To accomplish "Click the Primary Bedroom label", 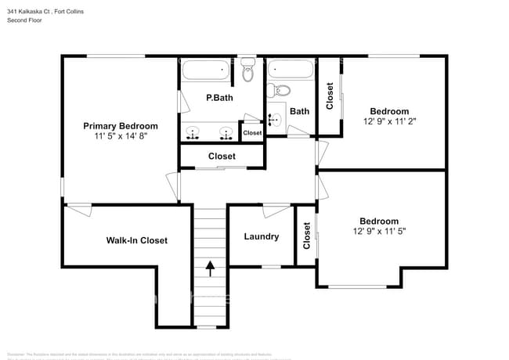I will click(121, 125).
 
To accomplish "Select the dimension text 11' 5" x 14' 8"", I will click(121, 135).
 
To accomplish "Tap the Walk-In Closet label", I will click(137, 240).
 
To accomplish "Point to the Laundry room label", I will click(261, 236).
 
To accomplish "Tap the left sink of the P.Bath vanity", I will click(193, 132).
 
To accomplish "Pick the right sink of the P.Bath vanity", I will click(226, 132).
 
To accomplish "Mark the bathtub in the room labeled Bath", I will click(291, 70).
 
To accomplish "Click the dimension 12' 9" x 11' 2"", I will click(389, 121).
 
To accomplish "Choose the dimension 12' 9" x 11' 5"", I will click(379, 231).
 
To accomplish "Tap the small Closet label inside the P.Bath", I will click(252, 133).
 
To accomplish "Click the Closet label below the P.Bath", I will click(222, 157).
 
